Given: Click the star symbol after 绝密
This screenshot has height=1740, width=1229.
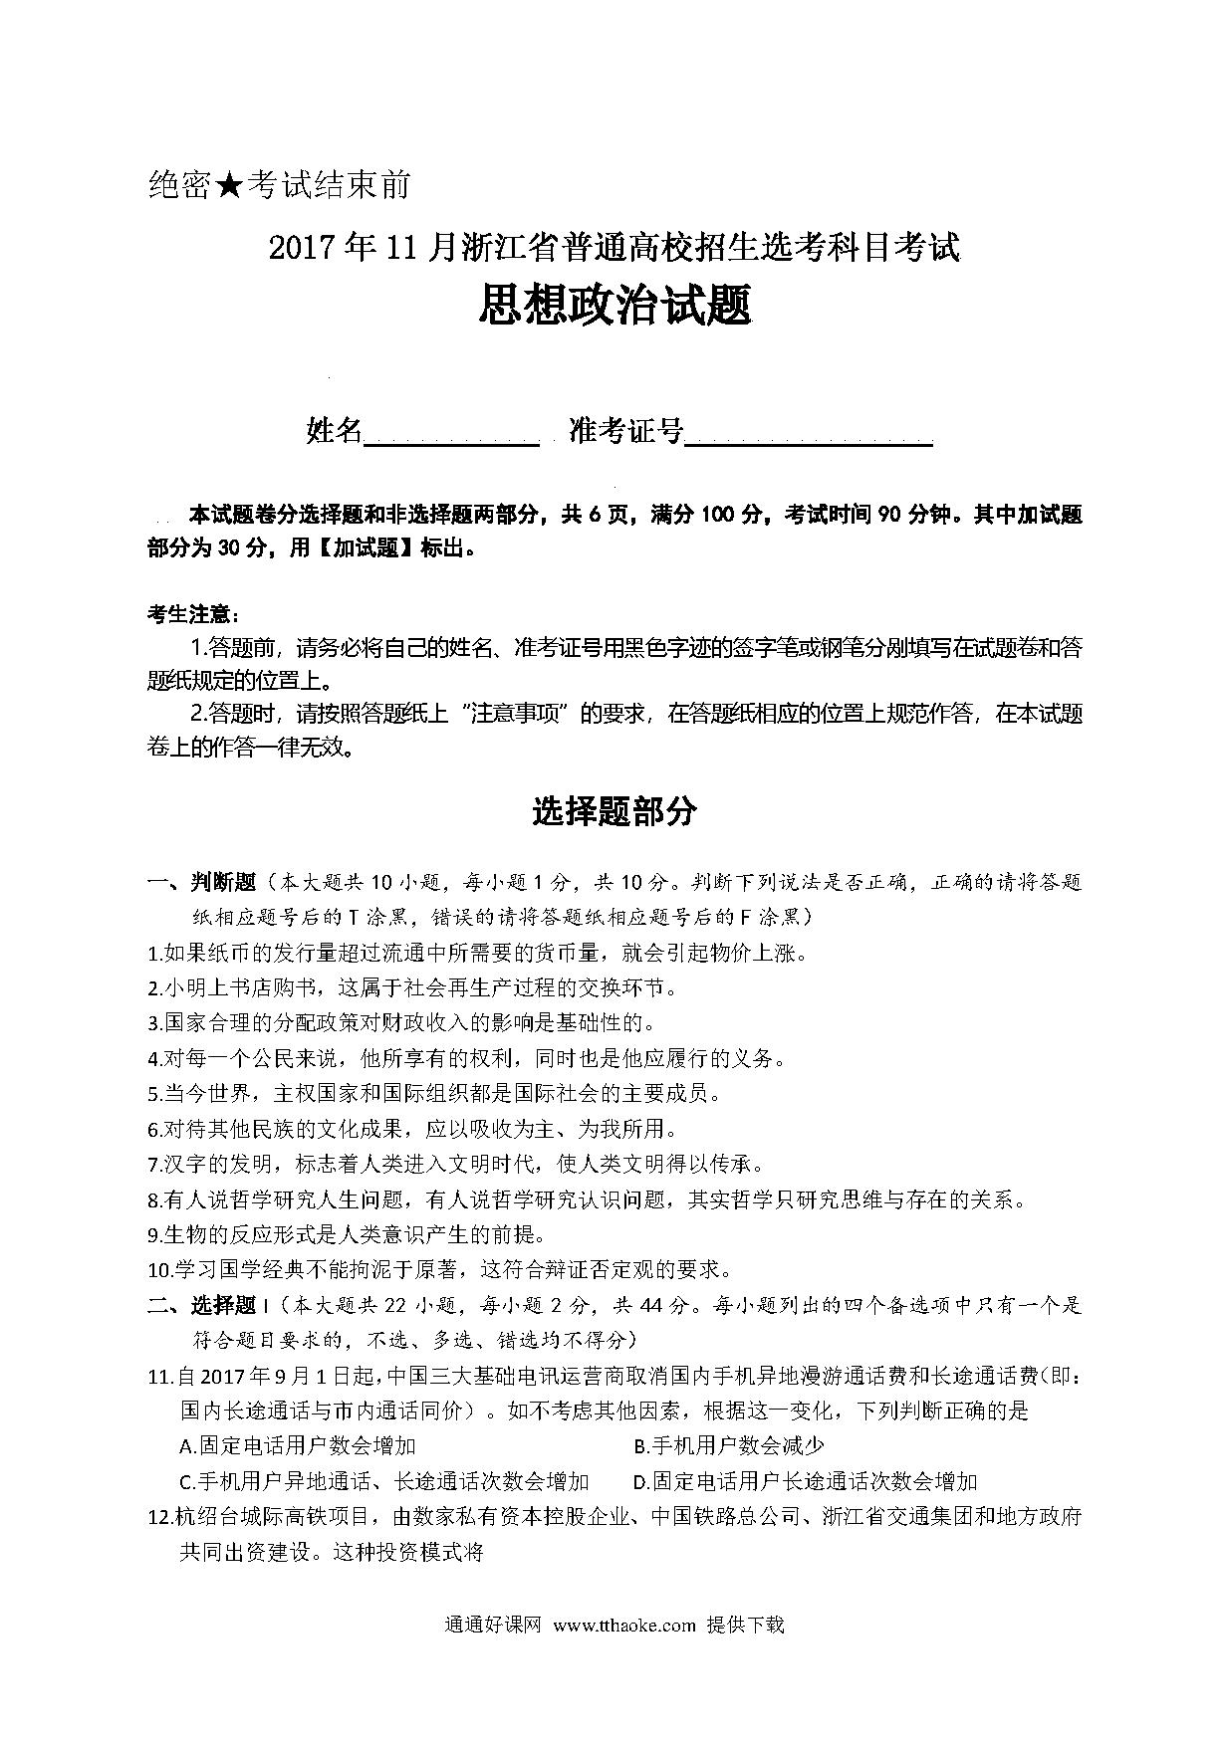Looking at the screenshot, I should click(228, 185).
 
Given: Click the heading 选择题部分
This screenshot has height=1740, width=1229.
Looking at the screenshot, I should click(614, 812).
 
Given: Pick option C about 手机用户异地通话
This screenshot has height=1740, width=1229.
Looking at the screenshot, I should click(384, 1481).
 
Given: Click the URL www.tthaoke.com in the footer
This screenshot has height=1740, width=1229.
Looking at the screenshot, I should click(623, 1625).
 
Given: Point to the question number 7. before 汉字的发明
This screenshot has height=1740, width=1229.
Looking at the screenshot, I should click(155, 1164).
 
